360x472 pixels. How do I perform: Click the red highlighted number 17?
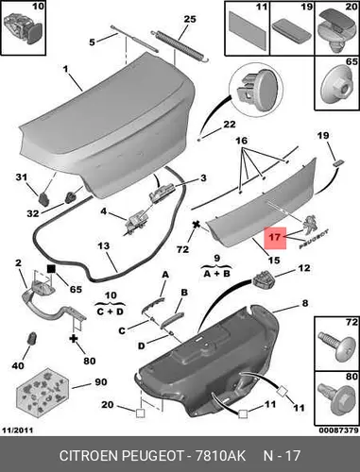click(275, 237)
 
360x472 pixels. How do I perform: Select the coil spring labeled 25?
click(179, 46)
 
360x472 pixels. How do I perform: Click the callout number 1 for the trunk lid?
click(66, 69)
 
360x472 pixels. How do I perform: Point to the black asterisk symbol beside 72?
click(197, 225)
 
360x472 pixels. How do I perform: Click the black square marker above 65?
click(51, 269)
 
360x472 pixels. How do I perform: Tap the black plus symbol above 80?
click(73, 339)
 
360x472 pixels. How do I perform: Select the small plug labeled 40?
click(32, 339)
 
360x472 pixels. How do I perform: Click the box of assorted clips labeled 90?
click(42, 391)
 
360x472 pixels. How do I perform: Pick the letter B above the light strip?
click(184, 293)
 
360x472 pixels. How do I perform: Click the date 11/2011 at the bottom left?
click(18, 430)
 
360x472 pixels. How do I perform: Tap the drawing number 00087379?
click(338, 430)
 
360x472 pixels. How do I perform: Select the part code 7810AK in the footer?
click(220, 456)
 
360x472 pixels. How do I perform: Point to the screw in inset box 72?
click(334, 346)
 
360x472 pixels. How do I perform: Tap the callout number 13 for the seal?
click(103, 245)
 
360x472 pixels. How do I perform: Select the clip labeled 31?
click(43, 198)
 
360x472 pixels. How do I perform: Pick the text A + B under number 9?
click(216, 274)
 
